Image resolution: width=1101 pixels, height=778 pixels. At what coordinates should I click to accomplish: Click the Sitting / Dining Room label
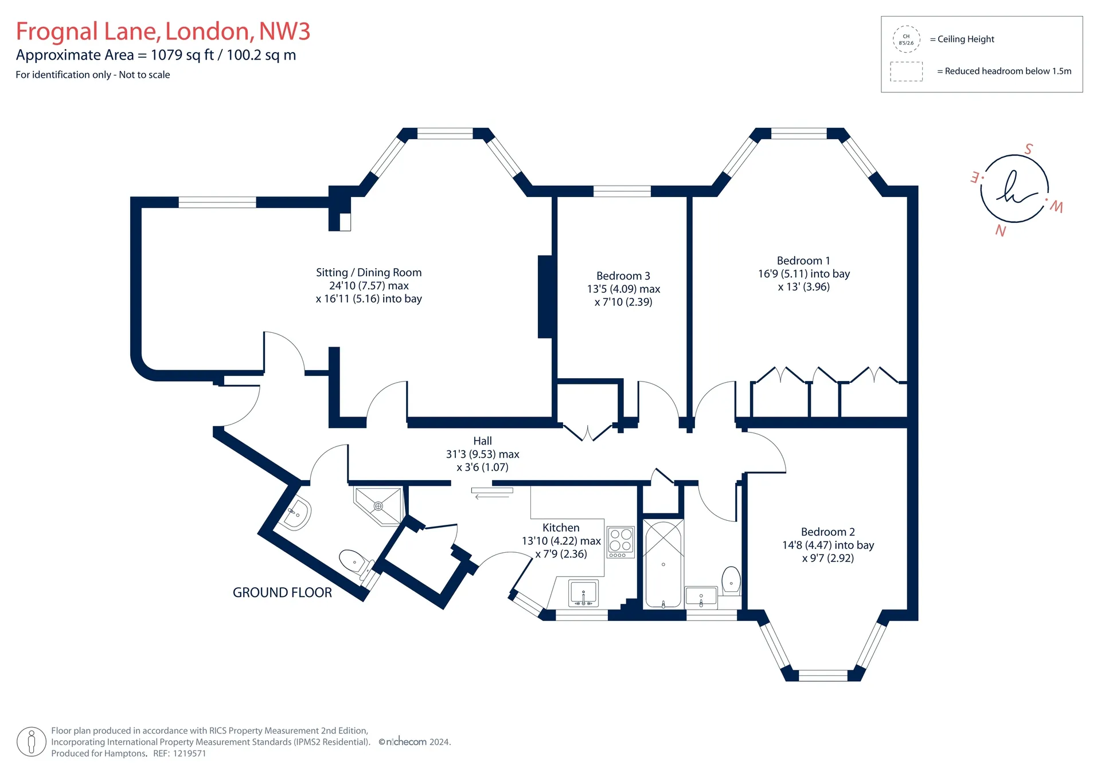pos(369,273)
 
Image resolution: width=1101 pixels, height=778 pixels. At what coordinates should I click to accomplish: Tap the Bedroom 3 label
pos(623,276)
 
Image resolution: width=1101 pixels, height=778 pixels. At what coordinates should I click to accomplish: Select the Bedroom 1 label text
pos(803,261)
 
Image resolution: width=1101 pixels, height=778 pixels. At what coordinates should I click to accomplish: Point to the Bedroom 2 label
pos(827,532)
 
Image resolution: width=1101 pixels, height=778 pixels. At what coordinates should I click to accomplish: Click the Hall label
pos(482,441)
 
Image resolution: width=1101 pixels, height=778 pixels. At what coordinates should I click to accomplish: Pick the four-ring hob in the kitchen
pos(621,542)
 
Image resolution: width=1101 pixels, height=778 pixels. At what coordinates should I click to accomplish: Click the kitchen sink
pos(583,593)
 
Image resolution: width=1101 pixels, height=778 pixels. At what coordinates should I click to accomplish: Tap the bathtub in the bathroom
pos(663,564)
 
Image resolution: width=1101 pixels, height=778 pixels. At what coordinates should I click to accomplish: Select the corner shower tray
pos(378,505)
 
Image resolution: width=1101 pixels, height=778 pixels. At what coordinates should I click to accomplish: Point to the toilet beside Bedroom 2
pos(731,580)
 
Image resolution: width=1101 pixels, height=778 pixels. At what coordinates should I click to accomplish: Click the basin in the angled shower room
pos(296,514)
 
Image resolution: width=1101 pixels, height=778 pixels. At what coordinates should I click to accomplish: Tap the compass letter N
pos(1001,231)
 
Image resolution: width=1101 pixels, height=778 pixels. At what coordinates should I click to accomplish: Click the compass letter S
pos(1029,149)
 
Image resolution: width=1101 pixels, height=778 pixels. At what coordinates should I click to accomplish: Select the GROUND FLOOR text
pos(282,593)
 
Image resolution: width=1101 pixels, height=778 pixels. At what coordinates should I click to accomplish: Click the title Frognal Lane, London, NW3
pos(163,32)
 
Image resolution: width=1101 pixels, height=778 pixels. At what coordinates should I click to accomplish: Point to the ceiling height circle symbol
pos(906,40)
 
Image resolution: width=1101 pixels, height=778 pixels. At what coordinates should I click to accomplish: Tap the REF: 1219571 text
pos(179,754)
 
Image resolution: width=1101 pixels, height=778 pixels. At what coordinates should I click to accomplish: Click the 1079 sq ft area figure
pos(182,55)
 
